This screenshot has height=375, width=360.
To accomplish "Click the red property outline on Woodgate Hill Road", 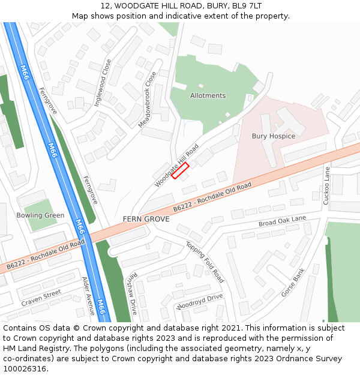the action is coord(181,171).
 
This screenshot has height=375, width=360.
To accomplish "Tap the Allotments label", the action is coord(208,96).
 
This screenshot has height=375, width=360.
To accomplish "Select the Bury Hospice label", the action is coord(273,136).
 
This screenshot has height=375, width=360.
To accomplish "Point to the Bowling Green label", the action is coord(40,215).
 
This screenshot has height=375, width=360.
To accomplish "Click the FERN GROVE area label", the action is coord(146,219).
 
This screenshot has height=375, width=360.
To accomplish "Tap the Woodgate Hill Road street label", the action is coord(176,165).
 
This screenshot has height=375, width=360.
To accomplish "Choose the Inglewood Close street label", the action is coord(103,83).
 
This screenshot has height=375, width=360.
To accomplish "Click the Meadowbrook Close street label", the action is coord(147,99).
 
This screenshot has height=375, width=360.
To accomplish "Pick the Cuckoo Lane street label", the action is coord(327,185).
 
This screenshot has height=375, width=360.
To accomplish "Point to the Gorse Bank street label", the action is coord(293,283).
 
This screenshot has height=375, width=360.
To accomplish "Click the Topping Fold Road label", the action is coord(205,262).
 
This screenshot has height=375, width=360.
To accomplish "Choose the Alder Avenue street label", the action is coord(88,296).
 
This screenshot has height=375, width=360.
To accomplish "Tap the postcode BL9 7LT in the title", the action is coord(247,5).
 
